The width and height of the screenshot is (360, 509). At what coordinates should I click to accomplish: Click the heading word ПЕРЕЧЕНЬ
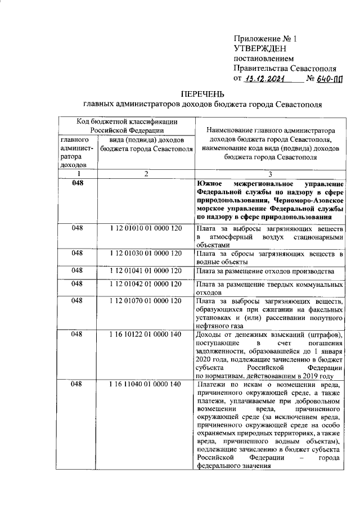201,93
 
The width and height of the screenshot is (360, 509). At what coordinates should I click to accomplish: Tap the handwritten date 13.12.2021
266,79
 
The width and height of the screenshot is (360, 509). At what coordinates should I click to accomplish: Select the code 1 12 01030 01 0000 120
146,253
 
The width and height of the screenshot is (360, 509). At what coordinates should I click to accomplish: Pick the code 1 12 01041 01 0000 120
146,271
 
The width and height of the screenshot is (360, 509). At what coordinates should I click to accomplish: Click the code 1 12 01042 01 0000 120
146,283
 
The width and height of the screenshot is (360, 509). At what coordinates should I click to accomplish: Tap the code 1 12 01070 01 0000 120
146,301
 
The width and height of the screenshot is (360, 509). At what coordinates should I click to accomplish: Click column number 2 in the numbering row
146,174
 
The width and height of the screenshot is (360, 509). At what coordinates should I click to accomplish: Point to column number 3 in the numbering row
270,174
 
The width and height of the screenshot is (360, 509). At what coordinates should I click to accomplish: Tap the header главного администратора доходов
75,152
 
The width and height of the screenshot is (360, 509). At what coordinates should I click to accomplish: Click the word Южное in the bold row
210,184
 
